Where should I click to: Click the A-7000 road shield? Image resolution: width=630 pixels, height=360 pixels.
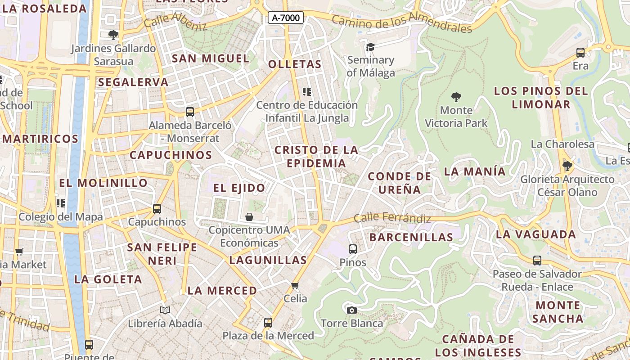286,18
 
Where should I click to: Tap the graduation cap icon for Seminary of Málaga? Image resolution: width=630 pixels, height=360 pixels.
370,47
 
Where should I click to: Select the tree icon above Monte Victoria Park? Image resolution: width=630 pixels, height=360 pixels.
456,97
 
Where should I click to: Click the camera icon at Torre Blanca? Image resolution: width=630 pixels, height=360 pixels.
352,310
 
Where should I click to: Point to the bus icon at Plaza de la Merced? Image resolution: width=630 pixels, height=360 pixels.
268,323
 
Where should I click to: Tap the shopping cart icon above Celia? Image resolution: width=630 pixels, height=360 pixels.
295,285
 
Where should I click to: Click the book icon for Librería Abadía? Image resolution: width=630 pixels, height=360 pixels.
165,310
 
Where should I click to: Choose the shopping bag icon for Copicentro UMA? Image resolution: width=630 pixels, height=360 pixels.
249,217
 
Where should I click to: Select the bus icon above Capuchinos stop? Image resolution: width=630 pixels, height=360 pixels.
157,209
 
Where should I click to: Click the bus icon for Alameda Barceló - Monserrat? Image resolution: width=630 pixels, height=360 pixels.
190,112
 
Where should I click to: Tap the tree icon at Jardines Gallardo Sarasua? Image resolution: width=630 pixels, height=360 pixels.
113,35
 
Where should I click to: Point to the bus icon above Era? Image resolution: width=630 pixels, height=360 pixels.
580,53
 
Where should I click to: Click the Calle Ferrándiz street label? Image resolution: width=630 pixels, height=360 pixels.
392,218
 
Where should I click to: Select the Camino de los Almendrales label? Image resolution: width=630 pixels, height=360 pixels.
402,23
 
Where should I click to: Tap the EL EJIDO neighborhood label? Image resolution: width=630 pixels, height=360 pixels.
239,188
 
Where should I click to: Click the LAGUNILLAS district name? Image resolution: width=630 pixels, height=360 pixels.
268,260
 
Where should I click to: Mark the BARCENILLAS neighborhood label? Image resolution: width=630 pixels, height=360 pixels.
411,237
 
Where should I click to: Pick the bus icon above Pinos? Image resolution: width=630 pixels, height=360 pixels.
353,249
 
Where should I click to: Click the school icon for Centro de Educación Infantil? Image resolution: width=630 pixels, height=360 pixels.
307,92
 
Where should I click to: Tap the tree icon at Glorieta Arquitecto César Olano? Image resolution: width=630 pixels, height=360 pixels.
567,166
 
